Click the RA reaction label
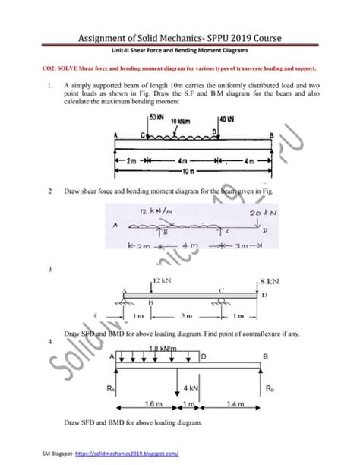(112, 387)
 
